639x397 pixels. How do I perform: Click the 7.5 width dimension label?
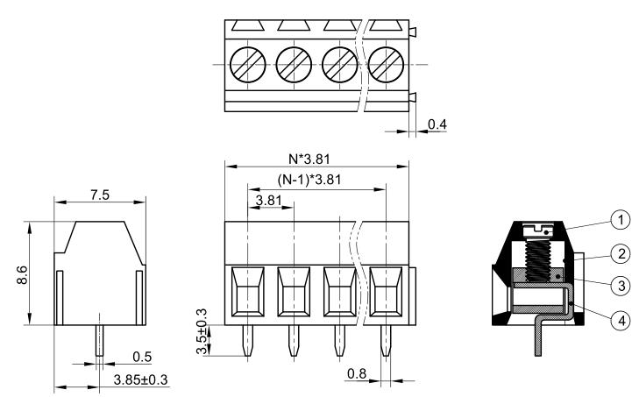click(99, 195)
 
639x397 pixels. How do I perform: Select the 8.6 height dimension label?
click(22, 273)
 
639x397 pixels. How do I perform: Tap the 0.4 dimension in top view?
click(437, 125)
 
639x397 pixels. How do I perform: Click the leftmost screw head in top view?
click(246, 64)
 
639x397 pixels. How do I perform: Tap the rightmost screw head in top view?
click(387, 64)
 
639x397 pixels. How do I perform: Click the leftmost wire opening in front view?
click(247, 290)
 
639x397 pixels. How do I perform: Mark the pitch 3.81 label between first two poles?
click(268, 201)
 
